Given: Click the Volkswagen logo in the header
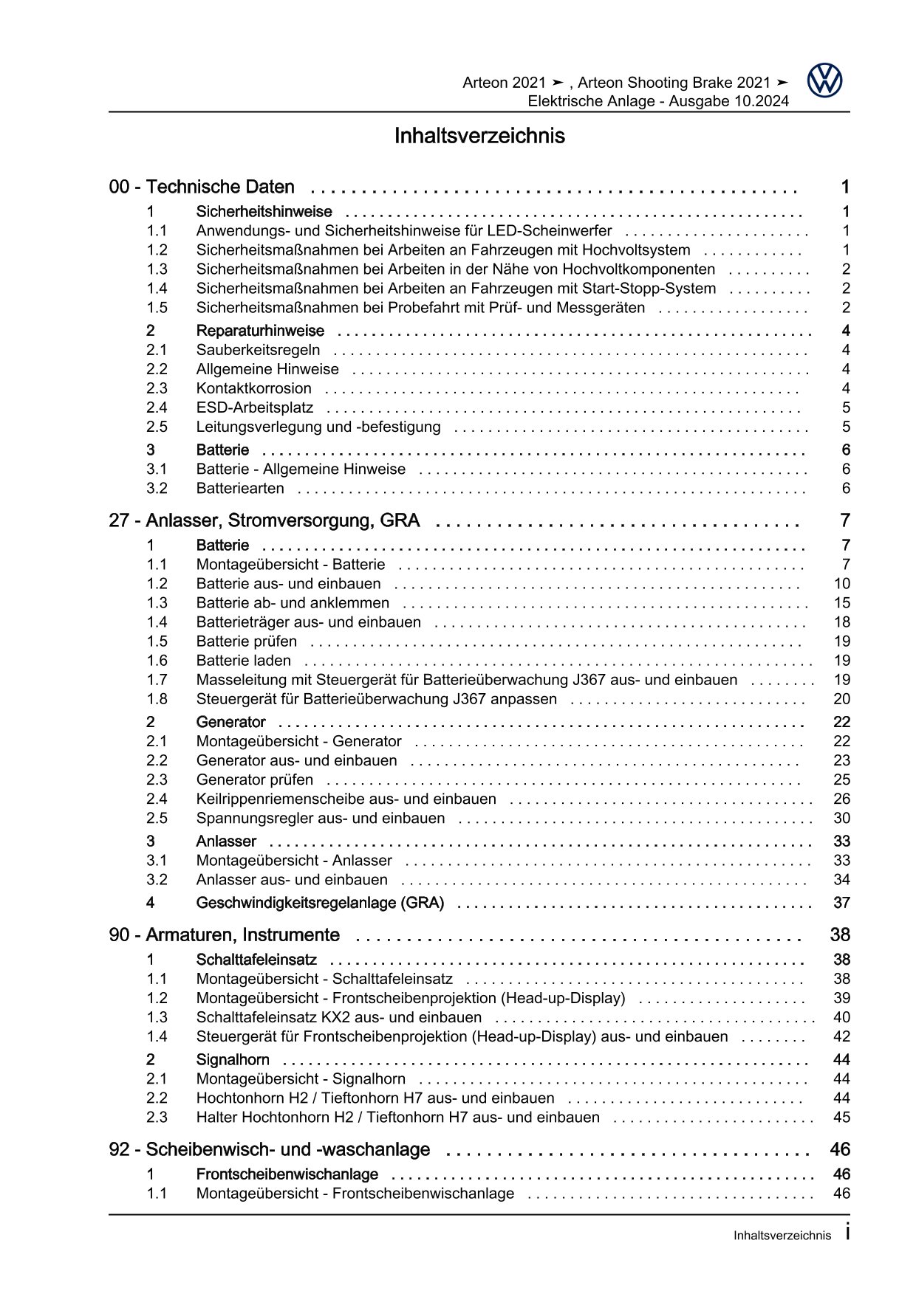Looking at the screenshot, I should coord(824,80).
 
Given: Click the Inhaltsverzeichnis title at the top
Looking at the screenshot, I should coord(479,136).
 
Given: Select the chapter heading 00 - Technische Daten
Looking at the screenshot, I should coord(202,187).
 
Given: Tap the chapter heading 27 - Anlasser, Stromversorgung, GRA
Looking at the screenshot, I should coord(264,520).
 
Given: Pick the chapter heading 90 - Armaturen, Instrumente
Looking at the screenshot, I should coord(224,935).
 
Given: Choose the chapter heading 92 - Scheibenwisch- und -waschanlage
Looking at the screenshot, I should coord(269,1149).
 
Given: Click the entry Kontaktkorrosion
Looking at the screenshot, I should coord(253,388).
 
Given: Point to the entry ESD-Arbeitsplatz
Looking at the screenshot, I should coord(254,407).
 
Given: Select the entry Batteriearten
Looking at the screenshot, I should coord(240,488).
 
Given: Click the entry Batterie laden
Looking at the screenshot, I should coord(243,661).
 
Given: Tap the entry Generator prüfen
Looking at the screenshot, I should coord(254,780).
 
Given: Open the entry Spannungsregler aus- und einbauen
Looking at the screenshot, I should coord(320,818).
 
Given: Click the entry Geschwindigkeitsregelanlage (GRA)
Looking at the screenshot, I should coord(320,902).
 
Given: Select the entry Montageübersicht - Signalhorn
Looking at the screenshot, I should coord(301,1078).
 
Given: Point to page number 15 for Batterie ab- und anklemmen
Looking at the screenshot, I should coord(841,603).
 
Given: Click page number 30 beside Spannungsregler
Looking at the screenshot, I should coord(841,818).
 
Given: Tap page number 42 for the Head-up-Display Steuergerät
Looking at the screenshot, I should coord(841,1036).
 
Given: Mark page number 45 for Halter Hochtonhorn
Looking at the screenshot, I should coord(841,1117).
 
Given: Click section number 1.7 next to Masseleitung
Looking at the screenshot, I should coord(157,680).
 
